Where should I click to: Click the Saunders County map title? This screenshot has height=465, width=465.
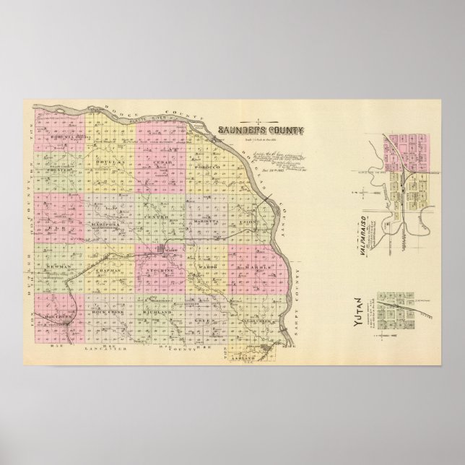coord(261,131)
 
